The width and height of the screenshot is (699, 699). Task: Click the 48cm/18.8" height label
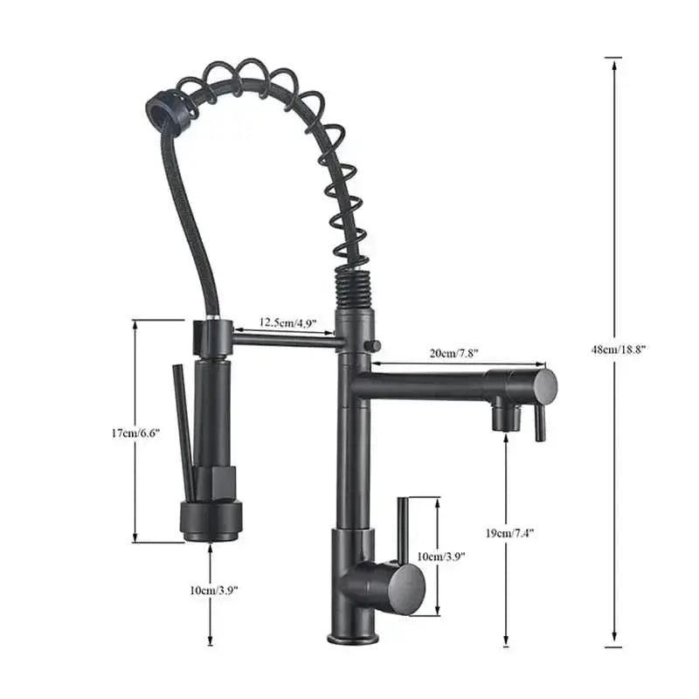coord(618,349)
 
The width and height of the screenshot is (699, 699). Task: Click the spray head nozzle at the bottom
coord(210,522)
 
